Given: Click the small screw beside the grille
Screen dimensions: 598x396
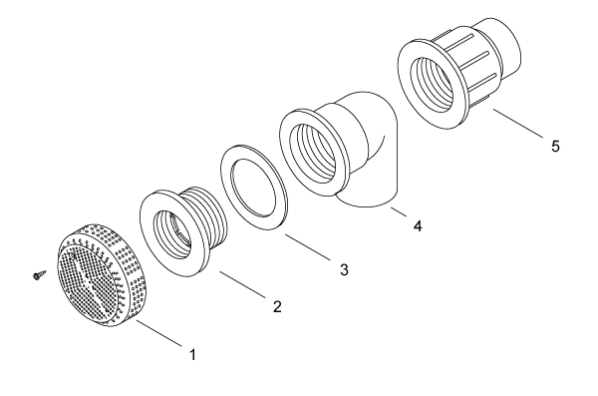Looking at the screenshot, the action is click(x=39, y=274).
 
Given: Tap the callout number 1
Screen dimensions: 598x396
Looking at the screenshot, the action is click(x=192, y=354).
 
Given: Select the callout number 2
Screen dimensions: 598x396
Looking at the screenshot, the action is click(x=277, y=306).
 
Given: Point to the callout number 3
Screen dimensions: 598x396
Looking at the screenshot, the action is click(x=344, y=269).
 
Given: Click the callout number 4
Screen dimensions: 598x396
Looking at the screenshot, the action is click(x=418, y=225).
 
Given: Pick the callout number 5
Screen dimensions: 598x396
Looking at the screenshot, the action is click(x=555, y=146).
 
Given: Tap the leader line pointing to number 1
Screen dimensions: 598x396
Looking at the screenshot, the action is click(x=158, y=333).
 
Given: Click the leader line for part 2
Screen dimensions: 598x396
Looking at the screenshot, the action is click(x=243, y=284).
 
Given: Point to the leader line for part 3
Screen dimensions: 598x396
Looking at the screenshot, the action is click(x=307, y=247).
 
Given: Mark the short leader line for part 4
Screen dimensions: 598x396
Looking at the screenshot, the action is click(x=399, y=211).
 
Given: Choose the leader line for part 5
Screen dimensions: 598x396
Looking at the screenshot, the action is click(x=517, y=123).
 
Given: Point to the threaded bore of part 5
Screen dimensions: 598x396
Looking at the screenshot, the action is click(x=431, y=84).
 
